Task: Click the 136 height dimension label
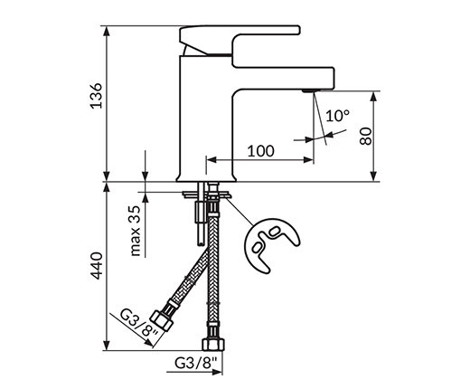(97, 95)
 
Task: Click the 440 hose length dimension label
(97, 266)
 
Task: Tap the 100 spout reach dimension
(261, 151)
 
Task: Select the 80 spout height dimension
(366, 137)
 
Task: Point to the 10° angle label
(337, 116)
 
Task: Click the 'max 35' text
(136, 231)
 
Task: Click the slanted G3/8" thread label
(139, 323)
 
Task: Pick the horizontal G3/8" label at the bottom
(196, 363)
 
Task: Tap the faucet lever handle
(240, 41)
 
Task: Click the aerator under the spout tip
(307, 90)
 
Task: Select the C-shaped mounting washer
(271, 244)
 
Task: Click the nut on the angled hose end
(162, 321)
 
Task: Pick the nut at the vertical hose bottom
(213, 344)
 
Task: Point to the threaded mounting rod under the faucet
(200, 213)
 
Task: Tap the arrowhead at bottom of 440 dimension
(107, 345)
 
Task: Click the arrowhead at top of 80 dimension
(373, 97)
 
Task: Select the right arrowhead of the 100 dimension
(308, 160)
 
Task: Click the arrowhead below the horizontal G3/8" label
(217, 372)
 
